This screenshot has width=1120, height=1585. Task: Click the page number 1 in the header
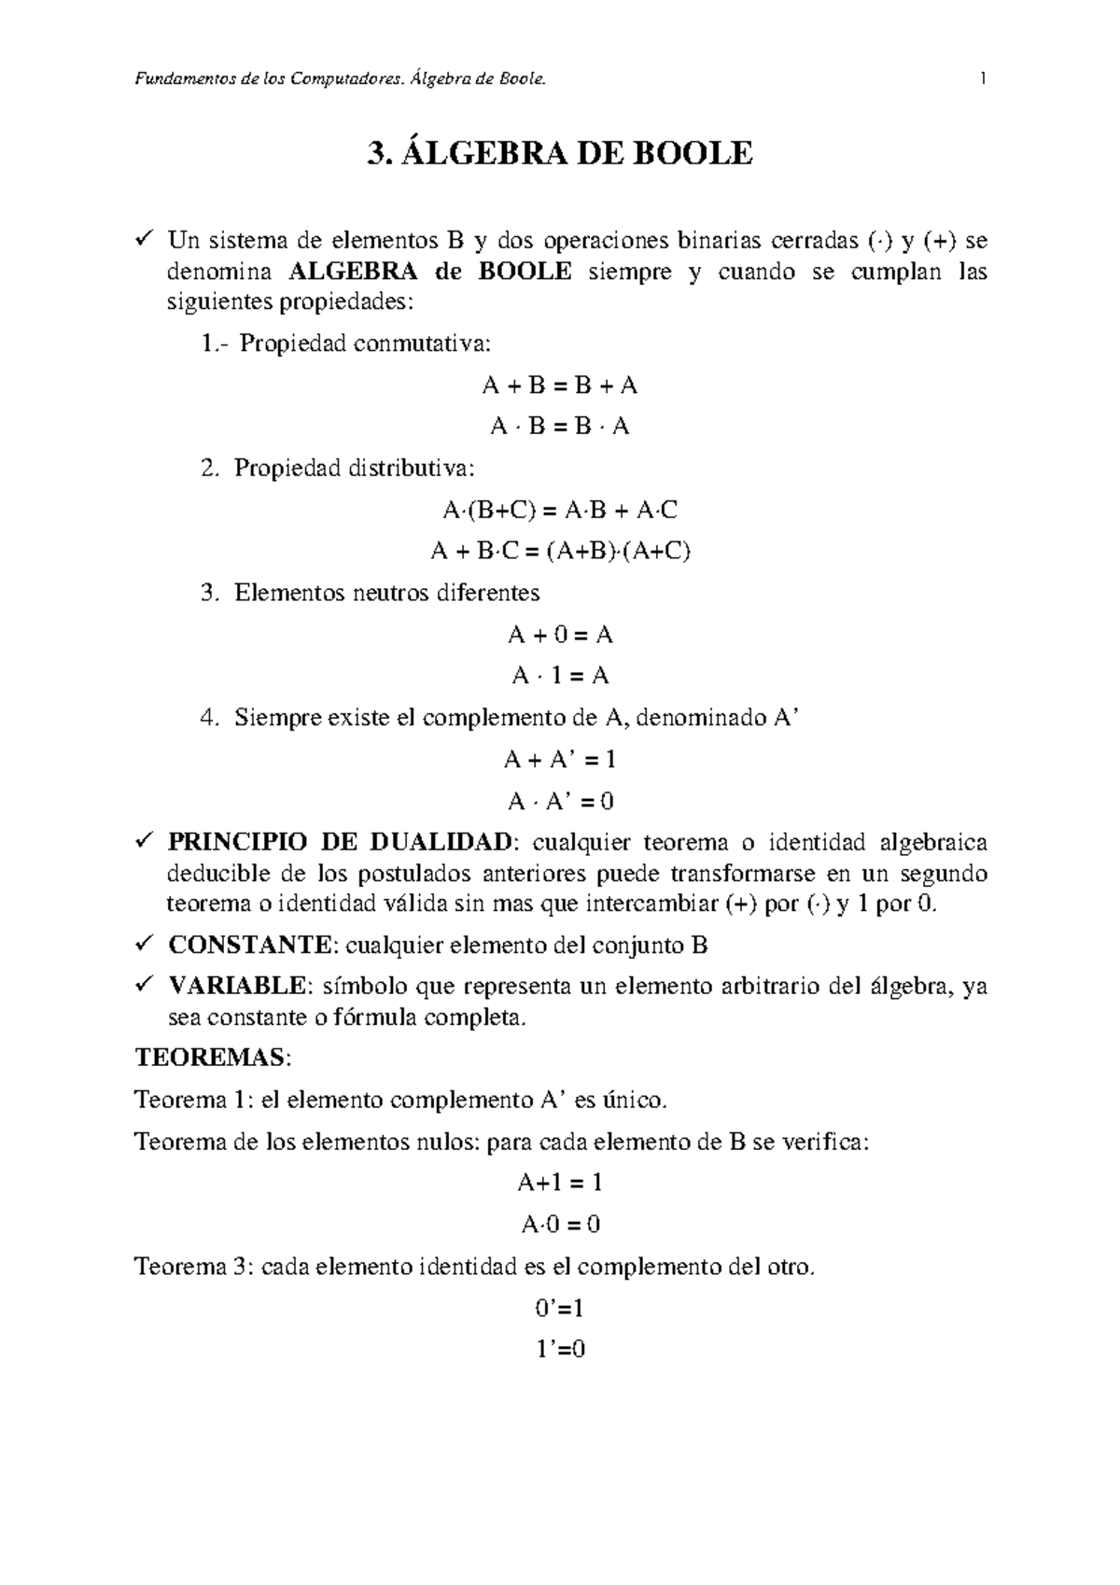(983, 80)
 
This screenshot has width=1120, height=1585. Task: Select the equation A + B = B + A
(560, 386)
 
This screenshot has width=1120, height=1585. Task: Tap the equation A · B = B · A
(560, 428)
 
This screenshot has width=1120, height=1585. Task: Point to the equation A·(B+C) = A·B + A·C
(560, 511)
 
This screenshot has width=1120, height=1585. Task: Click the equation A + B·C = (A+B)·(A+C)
(560, 552)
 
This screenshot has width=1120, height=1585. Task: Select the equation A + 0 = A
(560, 636)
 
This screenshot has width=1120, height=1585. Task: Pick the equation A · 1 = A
(560, 676)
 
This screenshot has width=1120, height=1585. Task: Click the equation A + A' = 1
(560, 760)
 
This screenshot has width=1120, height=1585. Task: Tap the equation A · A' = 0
(560, 801)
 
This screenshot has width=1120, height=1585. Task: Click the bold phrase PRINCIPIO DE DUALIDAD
(340, 843)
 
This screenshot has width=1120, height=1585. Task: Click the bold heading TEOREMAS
(211, 1059)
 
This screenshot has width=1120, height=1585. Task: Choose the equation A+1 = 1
(560, 1184)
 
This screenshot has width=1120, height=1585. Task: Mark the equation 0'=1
(560, 1308)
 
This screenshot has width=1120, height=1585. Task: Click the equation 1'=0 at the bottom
(560, 1349)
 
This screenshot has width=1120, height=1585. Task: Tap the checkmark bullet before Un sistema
(145, 241)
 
